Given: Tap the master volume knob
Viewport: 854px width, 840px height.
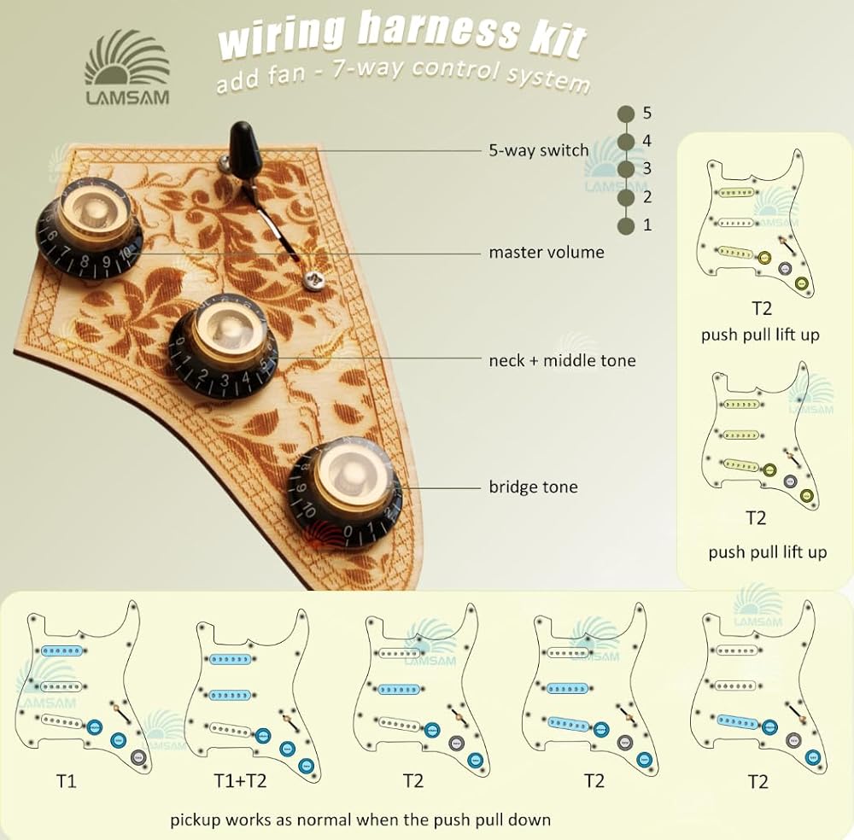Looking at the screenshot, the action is (x=90, y=229).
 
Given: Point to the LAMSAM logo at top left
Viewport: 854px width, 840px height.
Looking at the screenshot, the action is (x=127, y=67).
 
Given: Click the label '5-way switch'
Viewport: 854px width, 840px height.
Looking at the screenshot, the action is (x=539, y=149).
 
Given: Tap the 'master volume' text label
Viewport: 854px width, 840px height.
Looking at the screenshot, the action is (x=547, y=252).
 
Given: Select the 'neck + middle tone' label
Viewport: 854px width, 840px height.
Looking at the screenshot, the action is (x=562, y=360).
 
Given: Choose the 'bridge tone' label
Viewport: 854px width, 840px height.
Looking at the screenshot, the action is (x=533, y=486).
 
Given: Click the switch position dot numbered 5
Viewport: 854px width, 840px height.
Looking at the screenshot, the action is (x=627, y=114).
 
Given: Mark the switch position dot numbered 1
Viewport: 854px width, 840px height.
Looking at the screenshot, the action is (x=627, y=225).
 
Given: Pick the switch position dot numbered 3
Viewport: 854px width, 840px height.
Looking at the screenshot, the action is (x=627, y=169).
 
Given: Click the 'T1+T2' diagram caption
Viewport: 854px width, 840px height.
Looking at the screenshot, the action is (x=240, y=781).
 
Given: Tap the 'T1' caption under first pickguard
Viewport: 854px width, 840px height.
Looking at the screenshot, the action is (x=67, y=781).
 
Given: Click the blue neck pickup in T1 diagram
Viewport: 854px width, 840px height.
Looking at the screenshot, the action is (x=61, y=650).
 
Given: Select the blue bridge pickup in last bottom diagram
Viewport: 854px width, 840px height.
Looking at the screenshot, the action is (x=739, y=722).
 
